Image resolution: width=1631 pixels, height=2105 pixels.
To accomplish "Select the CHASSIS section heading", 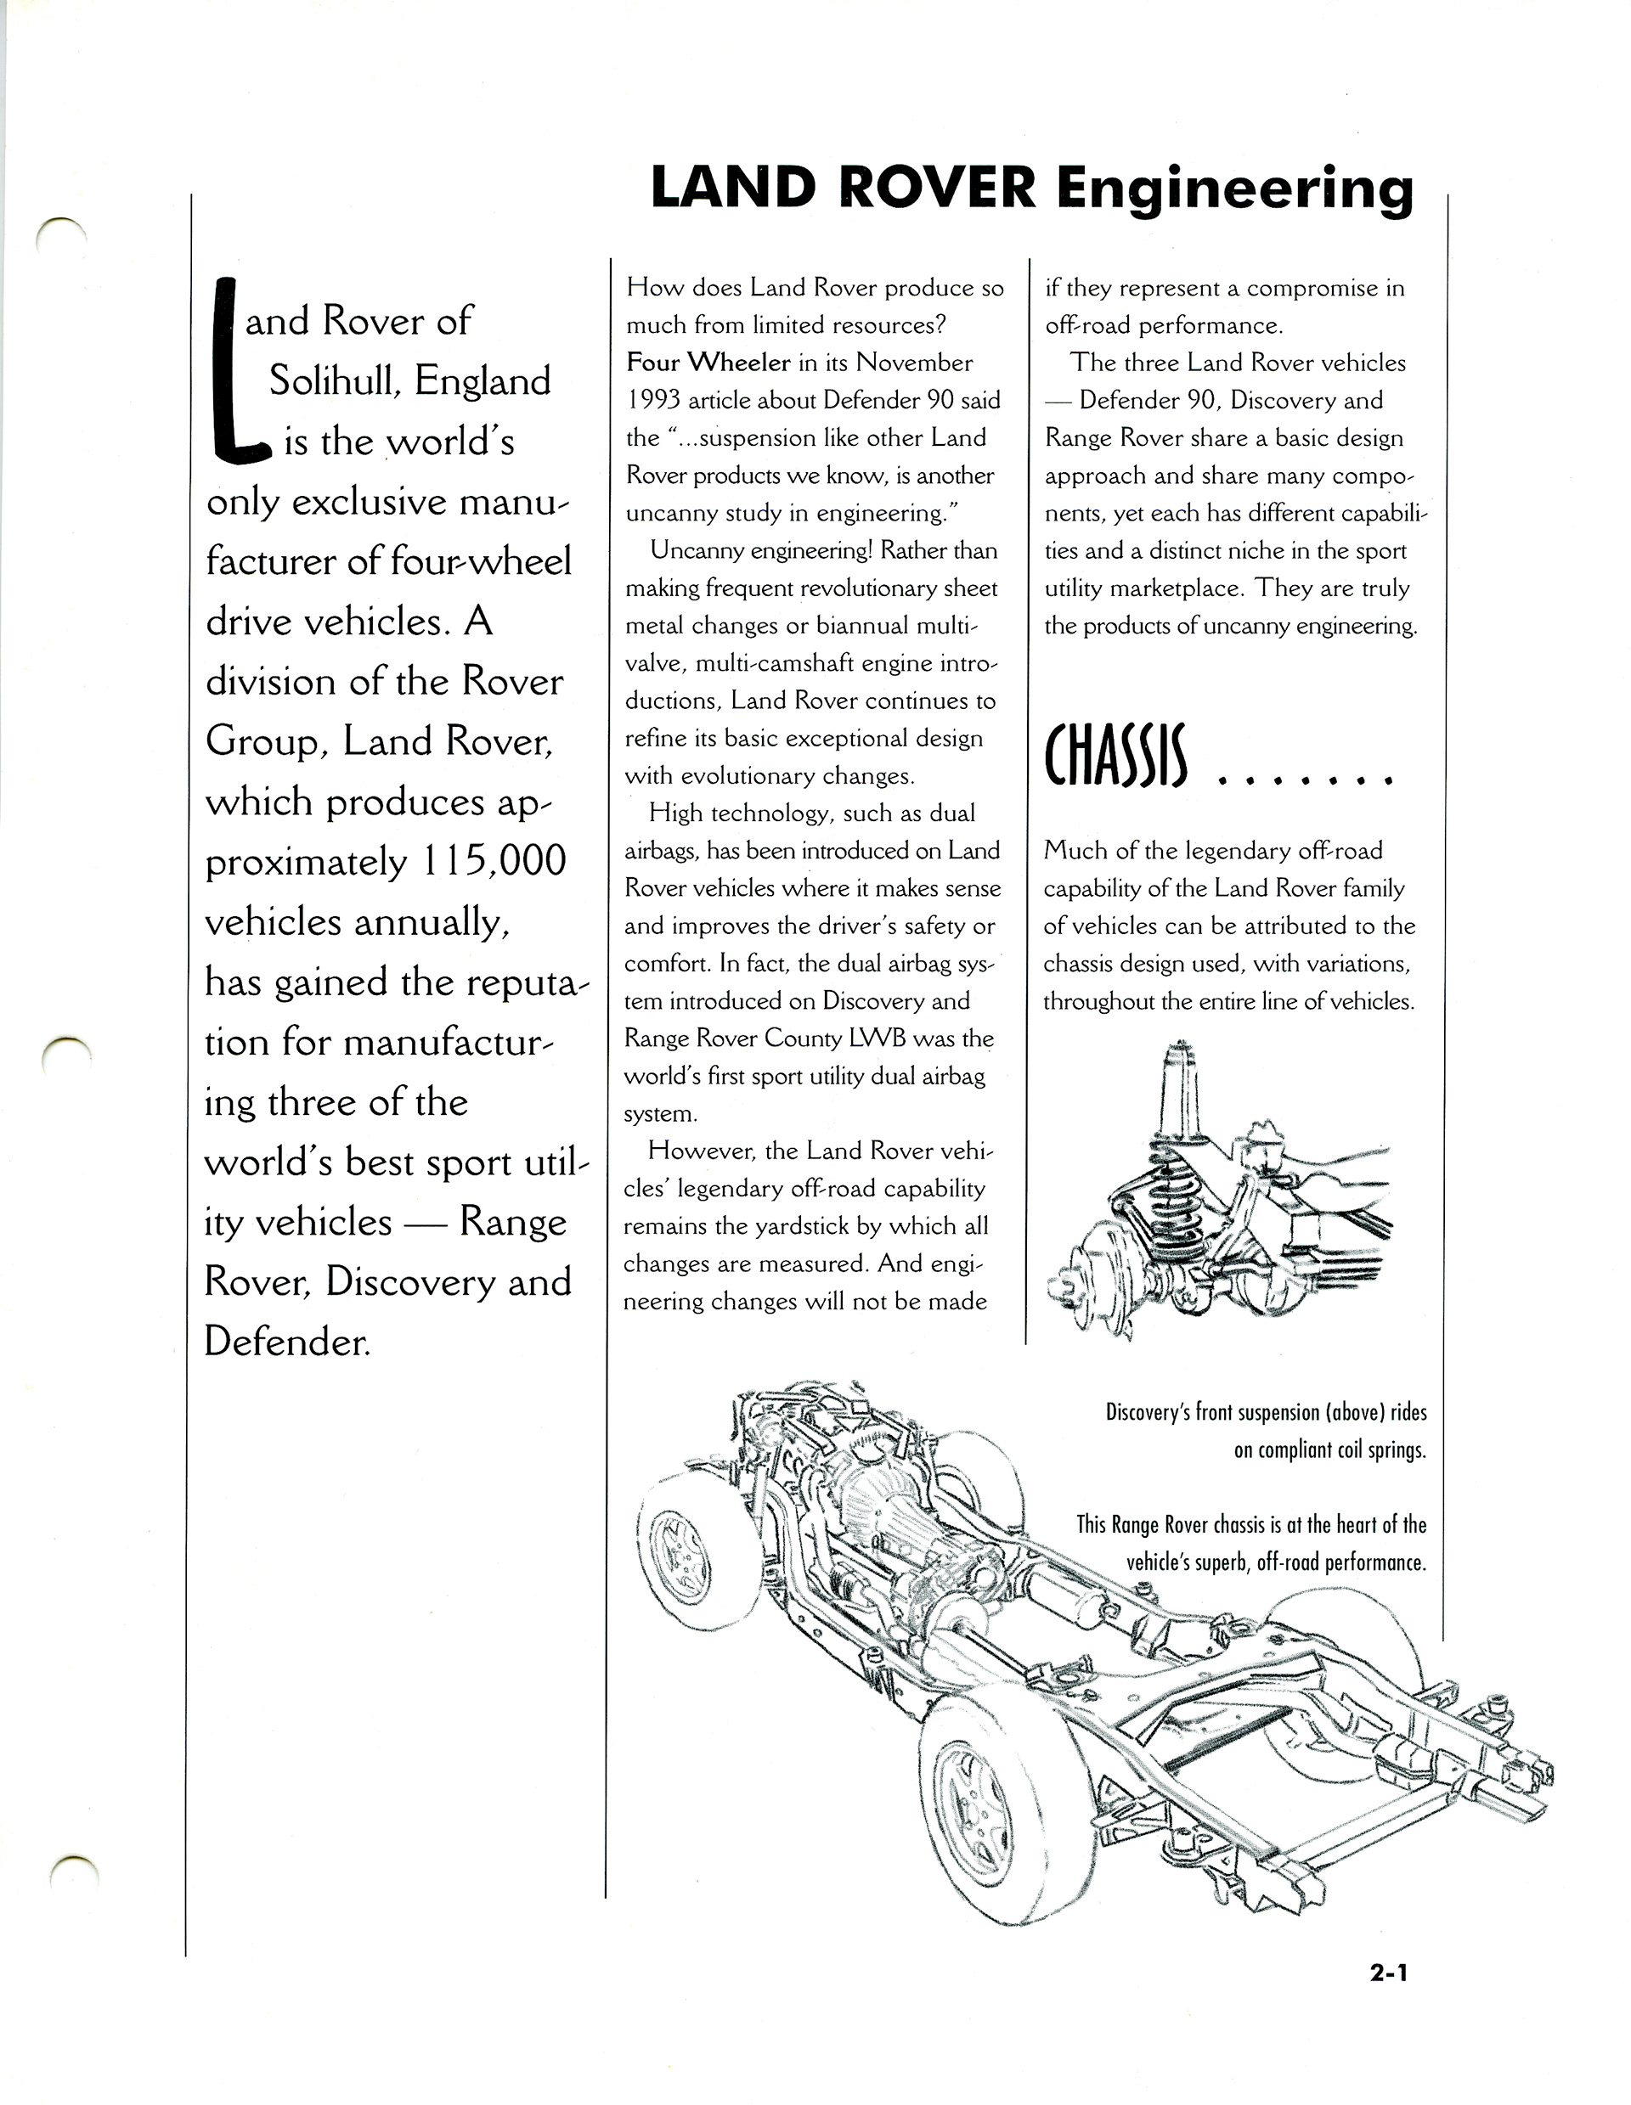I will [x=1116, y=757].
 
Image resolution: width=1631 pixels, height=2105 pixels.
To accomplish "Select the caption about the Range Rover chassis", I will [x=1250, y=1542].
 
